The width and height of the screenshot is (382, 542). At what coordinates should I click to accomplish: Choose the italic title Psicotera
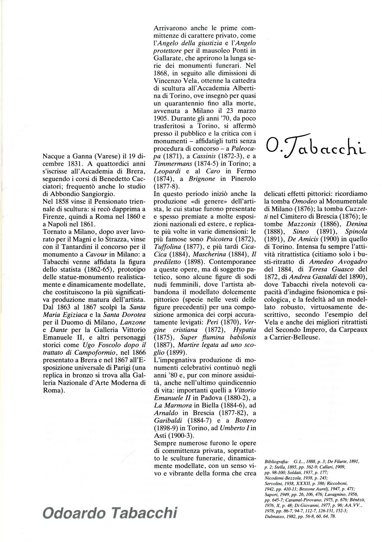218,240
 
